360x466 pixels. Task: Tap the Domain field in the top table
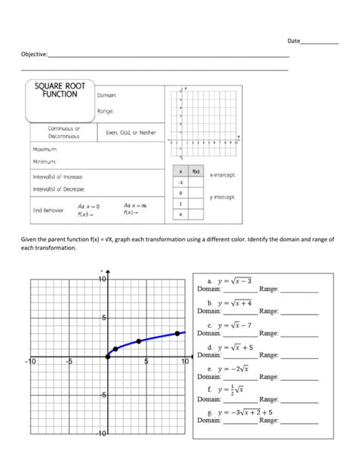tap(106, 95)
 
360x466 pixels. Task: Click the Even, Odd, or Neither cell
tap(130, 132)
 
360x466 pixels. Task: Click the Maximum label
tap(46, 149)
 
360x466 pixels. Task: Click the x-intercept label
tap(222, 175)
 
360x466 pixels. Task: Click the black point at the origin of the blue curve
tap(107, 356)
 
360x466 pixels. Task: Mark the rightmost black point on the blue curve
tap(178, 333)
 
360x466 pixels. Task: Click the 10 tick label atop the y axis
tap(102, 280)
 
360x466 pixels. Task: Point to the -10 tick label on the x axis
tap(30, 362)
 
